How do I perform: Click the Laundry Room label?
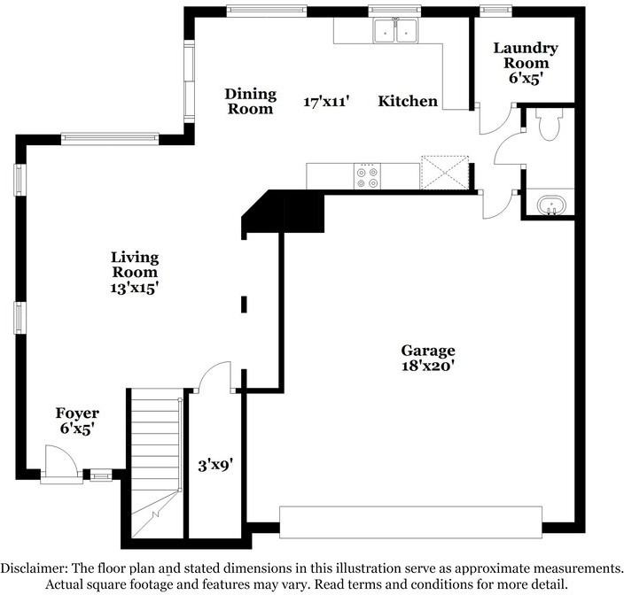pyautogui.click(x=526, y=55)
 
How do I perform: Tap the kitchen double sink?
pyautogui.click(x=395, y=32)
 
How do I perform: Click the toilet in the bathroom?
pyautogui.click(x=549, y=127)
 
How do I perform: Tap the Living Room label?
pyautogui.click(x=135, y=264)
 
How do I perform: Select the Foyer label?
pyautogui.click(x=77, y=413)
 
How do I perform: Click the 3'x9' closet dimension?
pyautogui.click(x=214, y=462)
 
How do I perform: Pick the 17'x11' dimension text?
pyautogui.click(x=327, y=102)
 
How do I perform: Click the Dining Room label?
pyautogui.click(x=251, y=101)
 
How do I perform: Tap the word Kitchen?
pyautogui.click(x=408, y=101)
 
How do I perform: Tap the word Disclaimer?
pyautogui.click(x=41, y=568)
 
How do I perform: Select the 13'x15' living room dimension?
pyautogui.click(x=135, y=288)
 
